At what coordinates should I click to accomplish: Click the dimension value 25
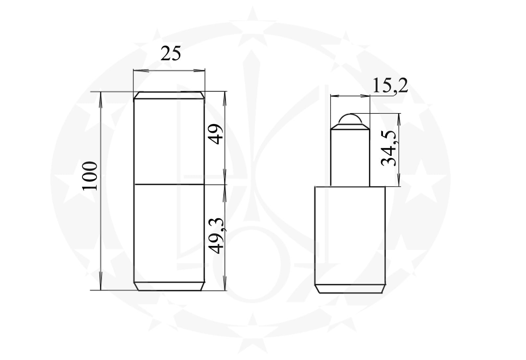point(171,54)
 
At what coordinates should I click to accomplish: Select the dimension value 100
point(89,176)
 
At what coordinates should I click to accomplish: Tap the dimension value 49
point(216,134)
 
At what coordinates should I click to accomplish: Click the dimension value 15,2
point(390,85)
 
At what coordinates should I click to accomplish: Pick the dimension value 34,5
point(389,148)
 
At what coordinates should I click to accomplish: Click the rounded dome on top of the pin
point(350,119)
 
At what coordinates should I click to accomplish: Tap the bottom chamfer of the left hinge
point(169,286)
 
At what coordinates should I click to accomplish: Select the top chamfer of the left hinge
point(169,95)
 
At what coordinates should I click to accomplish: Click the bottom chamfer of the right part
point(350,289)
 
